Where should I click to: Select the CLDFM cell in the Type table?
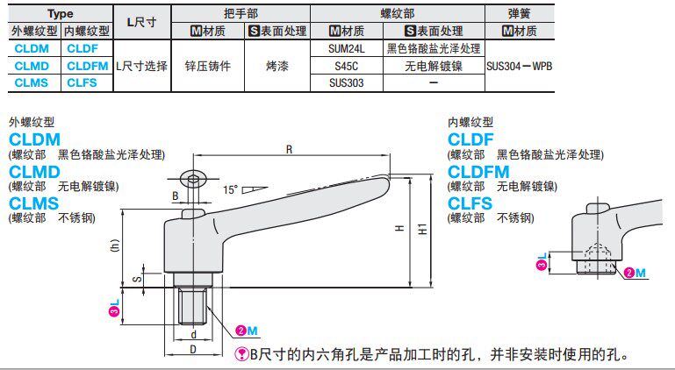[87, 66]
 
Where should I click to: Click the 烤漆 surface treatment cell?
[277, 66]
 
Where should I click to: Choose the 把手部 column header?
[241, 13]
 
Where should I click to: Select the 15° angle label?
[231, 189]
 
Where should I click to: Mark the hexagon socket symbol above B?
[194, 180]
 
